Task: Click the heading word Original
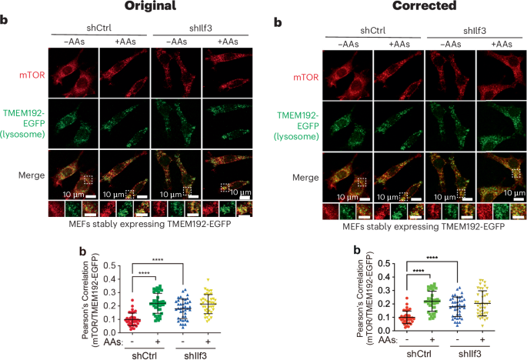point(132,7)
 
